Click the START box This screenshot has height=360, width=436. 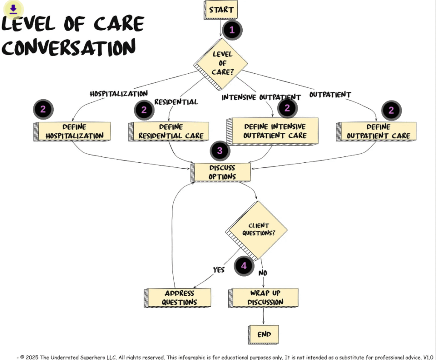pyautogui.click(x=221, y=10)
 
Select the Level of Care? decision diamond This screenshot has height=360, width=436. pyautogui.click(x=222, y=63)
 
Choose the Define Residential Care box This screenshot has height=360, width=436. pyautogui.click(x=170, y=131)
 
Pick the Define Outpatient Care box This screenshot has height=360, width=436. pyautogui.click(x=377, y=131)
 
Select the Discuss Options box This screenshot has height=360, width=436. pyautogui.click(x=222, y=172)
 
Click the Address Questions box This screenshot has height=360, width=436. pyautogui.click(x=179, y=298)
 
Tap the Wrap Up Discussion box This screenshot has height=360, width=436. pyautogui.click(x=264, y=297)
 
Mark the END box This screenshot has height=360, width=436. pyautogui.click(x=264, y=334)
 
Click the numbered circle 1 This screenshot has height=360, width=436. pyautogui.click(x=232, y=30)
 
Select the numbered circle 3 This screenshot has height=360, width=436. pyautogui.click(x=220, y=151)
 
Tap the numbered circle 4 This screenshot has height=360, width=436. pyautogui.click(x=244, y=266)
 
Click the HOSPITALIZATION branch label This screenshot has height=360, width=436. pyautogui.click(x=118, y=94)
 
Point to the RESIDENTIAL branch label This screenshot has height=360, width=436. pyautogui.click(x=176, y=102)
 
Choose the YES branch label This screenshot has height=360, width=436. pyautogui.click(x=219, y=270)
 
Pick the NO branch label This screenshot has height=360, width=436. pyautogui.click(x=263, y=273)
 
